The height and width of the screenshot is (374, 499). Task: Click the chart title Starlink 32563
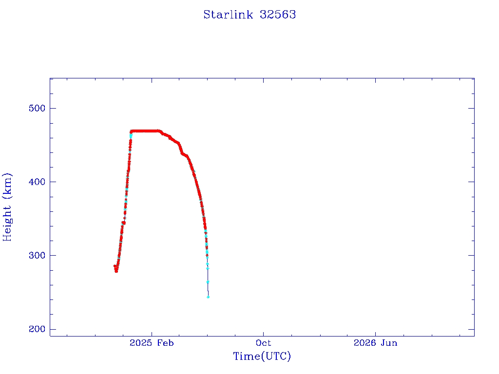(x=249, y=15)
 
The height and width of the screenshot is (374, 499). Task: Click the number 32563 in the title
(x=278, y=15)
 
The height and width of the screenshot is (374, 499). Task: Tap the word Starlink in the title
(x=228, y=15)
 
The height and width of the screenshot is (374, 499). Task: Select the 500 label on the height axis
(x=37, y=108)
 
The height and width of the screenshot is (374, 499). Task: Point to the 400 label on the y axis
(x=37, y=182)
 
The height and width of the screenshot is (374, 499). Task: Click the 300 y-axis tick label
(x=37, y=255)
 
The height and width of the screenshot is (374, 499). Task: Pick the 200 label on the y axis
(x=37, y=329)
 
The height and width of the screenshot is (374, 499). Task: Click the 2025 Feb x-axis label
(x=152, y=343)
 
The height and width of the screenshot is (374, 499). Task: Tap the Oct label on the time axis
(x=264, y=343)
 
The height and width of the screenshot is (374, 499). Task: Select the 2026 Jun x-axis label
(x=376, y=343)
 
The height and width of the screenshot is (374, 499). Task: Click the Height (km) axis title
(x=7, y=207)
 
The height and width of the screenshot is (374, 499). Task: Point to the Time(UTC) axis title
(x=262, y=356)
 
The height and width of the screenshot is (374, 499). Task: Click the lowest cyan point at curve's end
(x=208, y=297)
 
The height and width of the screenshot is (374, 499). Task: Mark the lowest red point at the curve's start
(x=116, y=271)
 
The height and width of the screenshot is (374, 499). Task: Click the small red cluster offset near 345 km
(x=124, y=223)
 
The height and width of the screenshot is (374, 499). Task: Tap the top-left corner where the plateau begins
(x=132, y=131)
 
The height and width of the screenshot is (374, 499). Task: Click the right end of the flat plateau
(x=159, y=131)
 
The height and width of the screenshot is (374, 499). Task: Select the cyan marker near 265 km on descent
(x=208, y=282)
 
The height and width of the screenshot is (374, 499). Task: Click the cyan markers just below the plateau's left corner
(x=131, y=136)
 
